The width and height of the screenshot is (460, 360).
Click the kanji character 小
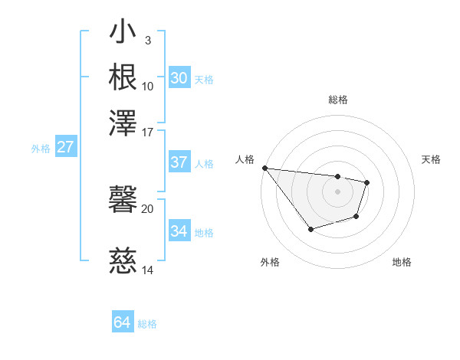tap(123, 34)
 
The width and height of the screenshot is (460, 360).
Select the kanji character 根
tap(123, 77)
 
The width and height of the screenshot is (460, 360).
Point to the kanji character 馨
tap(123, 201)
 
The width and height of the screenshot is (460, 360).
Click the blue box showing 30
tap(179, 78)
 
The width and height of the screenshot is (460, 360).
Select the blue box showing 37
tap(179, 162)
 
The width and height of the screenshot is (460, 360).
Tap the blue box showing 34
tap(179, 231)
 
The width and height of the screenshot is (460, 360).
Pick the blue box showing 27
tap(65, 147)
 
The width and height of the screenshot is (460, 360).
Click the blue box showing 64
tap(122, 322)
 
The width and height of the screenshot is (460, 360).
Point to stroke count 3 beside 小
tap(148, 41)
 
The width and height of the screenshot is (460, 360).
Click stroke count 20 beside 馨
tap(148, 208)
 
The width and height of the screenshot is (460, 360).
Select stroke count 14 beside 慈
tap(148, 270)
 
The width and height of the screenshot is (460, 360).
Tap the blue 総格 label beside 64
tap(147, 324)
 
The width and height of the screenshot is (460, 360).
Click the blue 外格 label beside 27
tap(41, 149)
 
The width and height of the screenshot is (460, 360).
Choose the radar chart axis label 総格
tap(338, 100)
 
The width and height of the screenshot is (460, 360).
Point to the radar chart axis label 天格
tap(431, 159)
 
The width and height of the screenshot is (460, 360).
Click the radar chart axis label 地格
tap(402, 262)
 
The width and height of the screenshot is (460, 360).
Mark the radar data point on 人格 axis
tap(264, 168)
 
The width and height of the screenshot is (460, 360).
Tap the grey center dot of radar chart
tap(338, 191)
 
